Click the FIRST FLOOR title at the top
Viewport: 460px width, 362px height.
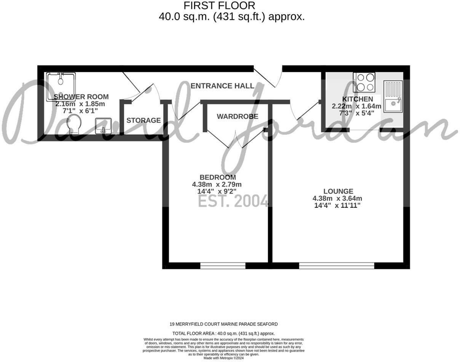tap(219, 6)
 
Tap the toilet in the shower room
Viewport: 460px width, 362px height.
tap(73, 124)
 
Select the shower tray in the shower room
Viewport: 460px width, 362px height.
tap(61, 86)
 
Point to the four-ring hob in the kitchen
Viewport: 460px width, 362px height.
tap(364, 82)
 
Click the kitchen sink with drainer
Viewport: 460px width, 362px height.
tap(393, 97)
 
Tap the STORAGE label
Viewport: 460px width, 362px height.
tap(144, 121)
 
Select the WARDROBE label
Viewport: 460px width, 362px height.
tap(237, 116)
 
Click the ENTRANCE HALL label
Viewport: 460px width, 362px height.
tap(222, 86)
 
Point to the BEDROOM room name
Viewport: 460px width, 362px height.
tap(217, 177)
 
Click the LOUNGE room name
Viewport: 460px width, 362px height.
tap(338, 191)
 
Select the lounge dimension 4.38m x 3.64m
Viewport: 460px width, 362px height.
tap(337, 198)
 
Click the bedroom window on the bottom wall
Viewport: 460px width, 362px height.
tap(223, 265)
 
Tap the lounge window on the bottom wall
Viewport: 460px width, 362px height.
tap(337, 265)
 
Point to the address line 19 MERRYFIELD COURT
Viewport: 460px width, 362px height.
tap(224, 324)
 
